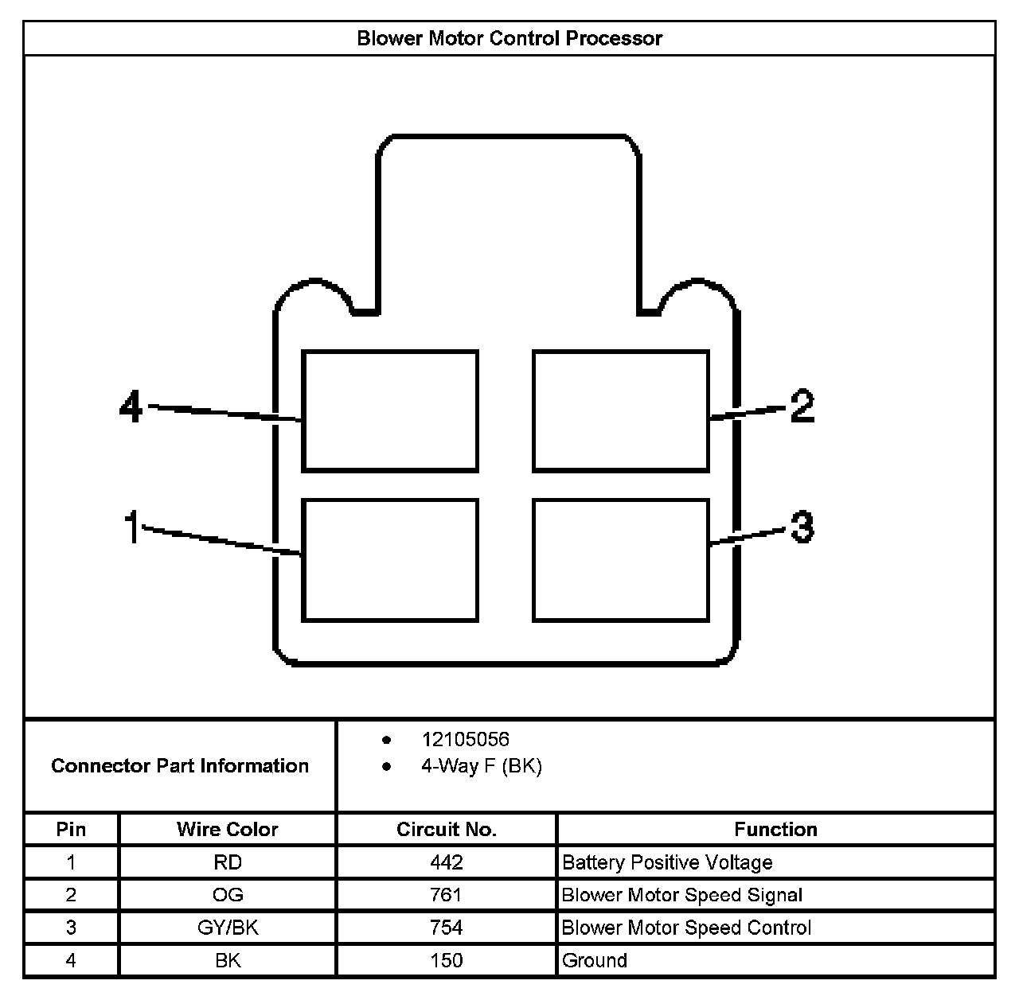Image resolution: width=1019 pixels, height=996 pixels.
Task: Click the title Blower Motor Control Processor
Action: (509, 38)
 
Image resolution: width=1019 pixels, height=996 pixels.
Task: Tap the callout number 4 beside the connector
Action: (131, 407)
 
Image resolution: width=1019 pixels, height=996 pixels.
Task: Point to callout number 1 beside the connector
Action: (133, 527)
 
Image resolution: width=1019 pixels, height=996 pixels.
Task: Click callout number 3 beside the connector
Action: (802, 527)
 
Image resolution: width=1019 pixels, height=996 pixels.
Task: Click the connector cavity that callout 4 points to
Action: (390, 410)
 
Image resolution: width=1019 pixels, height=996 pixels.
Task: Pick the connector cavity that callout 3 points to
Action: (621, 560)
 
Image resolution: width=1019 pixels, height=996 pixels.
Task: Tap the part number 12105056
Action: (465, 740)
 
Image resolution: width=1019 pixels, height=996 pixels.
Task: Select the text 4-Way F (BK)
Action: (481, 766)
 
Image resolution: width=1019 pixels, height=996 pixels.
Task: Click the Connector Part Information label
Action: (180, 766)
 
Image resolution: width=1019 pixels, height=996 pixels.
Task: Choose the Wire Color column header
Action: (227, 830)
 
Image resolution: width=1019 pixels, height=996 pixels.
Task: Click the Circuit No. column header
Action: (446, 830)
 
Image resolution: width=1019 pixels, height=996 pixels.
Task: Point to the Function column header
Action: (775, 830)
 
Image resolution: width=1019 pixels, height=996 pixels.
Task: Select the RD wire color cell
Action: (228, 862)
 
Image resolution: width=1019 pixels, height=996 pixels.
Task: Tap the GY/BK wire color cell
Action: (228, 928)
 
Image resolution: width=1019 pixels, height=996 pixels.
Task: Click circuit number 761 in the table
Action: (446, 895)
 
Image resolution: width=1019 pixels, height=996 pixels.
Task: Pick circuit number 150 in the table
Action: (446, 960)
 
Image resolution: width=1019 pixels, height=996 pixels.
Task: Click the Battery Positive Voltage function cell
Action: (667, 862)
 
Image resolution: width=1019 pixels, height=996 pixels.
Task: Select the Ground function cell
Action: (595, 960)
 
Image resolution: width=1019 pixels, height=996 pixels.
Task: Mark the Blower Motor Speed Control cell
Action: (686, 928)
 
